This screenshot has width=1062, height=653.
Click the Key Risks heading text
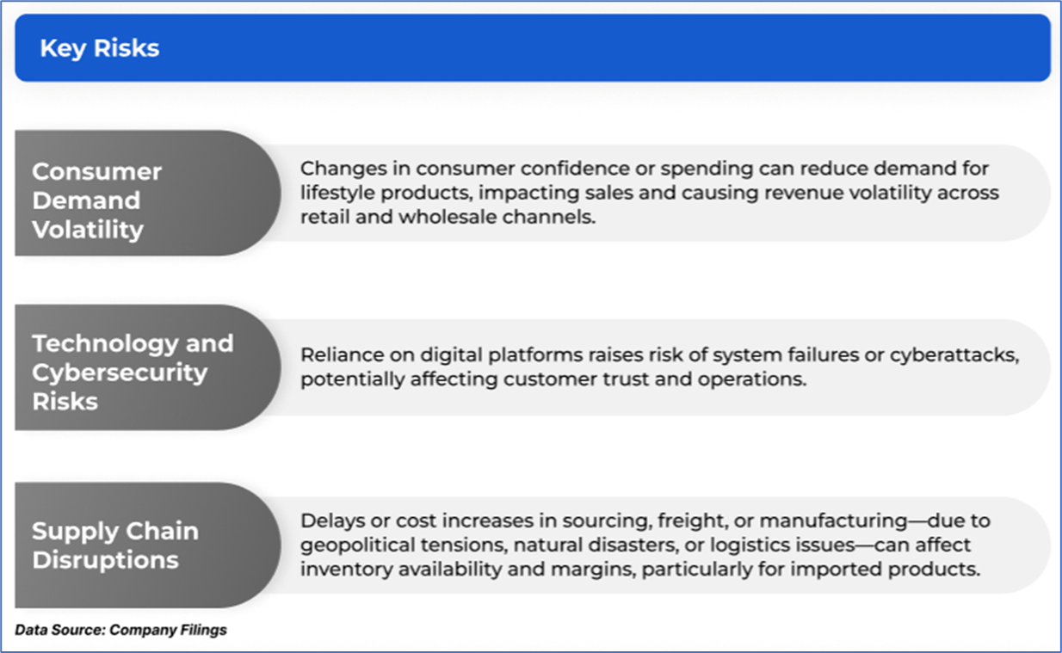coord(100,49)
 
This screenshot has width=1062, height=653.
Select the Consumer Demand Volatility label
coord(96,200)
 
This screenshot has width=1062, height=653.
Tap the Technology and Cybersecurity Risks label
coord(133,373)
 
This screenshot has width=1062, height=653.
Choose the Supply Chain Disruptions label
coord(114,545)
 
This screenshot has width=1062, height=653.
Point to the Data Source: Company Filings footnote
coord(120,630)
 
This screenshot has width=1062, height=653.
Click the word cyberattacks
coord(954,355)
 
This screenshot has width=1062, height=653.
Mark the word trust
coord(626,379)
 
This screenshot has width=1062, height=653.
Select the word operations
coord(751,380)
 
